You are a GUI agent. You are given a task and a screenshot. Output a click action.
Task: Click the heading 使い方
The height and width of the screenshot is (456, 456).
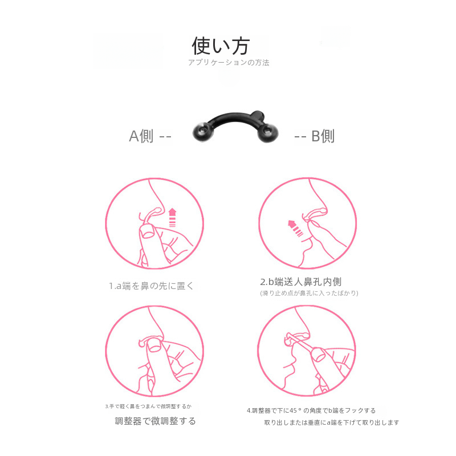(x=221, y=46)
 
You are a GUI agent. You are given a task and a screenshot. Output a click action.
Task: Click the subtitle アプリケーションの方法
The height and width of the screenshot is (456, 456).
(x=229, y=63)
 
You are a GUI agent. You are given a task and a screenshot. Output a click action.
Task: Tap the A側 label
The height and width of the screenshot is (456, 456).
(x=141, y=136)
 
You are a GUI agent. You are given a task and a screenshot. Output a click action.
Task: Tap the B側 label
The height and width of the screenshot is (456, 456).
(x=323, y=136)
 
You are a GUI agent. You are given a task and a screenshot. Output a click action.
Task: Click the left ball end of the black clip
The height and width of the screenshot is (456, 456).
(x=203, y=132)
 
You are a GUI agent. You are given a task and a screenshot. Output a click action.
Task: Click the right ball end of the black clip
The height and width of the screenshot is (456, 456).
(x=268, y=133)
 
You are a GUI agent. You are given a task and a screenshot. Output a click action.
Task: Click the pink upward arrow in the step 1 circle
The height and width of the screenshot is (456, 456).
(x=173, y=217)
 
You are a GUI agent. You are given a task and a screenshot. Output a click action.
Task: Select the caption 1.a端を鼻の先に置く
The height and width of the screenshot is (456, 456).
(x=151, y=286)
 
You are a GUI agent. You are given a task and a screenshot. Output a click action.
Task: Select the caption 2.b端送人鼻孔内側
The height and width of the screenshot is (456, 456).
(x=301, y=282)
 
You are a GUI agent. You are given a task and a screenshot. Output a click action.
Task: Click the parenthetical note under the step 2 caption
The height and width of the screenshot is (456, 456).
(x=309, y=293)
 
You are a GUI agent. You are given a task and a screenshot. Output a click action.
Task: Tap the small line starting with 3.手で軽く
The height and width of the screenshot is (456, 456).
(x=148, y=406)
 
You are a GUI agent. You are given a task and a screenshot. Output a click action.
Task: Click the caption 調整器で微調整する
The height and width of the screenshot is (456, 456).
(x=155, y=421)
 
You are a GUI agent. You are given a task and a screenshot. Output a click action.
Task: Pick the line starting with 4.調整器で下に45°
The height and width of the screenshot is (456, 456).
(x=311, y=410)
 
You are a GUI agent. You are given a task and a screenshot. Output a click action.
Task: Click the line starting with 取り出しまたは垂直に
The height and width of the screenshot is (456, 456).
(x=332, y=422)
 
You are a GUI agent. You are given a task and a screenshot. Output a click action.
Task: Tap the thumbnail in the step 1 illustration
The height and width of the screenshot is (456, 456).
(x=148, y=232)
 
